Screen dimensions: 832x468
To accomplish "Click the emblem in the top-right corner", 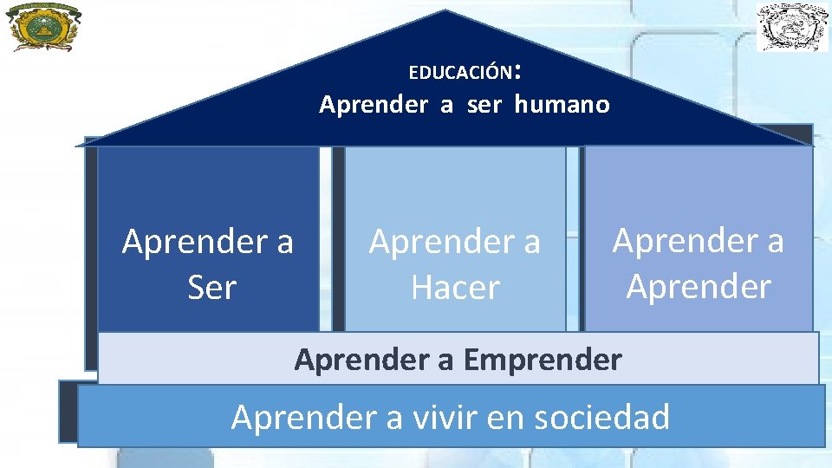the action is tap(792, 27).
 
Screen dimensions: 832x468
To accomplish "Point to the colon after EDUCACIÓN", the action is tap(517, 69).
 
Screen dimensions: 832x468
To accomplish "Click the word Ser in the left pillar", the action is tap(211, 287).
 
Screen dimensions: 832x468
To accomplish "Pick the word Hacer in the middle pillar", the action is tap(456, 287).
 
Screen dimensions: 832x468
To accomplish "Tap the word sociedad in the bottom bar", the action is tap(602, 417).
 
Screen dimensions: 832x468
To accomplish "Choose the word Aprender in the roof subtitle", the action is tap(374, 105).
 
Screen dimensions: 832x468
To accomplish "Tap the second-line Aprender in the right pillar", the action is tap(699, 285).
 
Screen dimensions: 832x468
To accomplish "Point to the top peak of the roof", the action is tap(445, 11).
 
